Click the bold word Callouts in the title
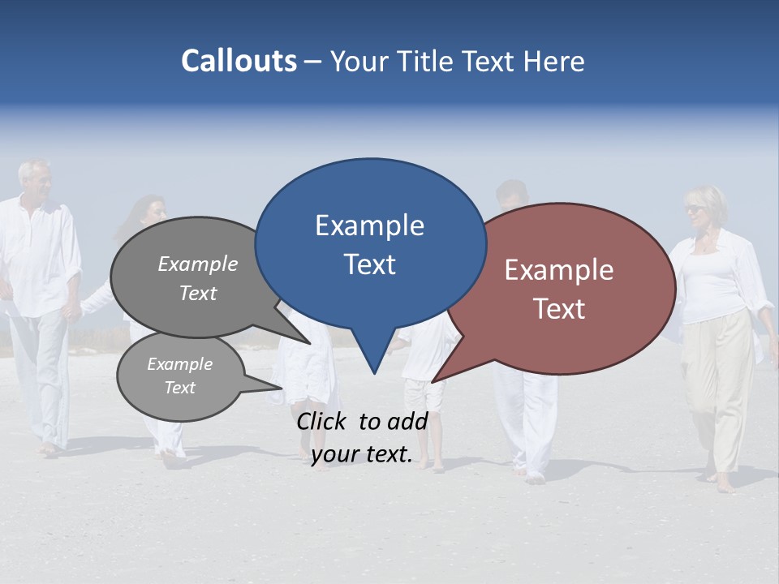pyautogui.click(x=239, y=61)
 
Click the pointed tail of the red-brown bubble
pyautogui.click(x=434, y=380)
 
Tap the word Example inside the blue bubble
pyautogui.click(x=369, y=225)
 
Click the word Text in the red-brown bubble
pyautogui.click(x=559, y=309)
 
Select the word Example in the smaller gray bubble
pyautogui.click(x=179, y=364)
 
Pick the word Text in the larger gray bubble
pyautogui.click(x=198, y=294)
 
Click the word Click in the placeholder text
pyautogui.click(x=323, y=421)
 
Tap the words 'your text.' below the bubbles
pyautogui.click(x=362, y=455)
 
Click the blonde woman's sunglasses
pyautogui.click(x=696, y=209)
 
